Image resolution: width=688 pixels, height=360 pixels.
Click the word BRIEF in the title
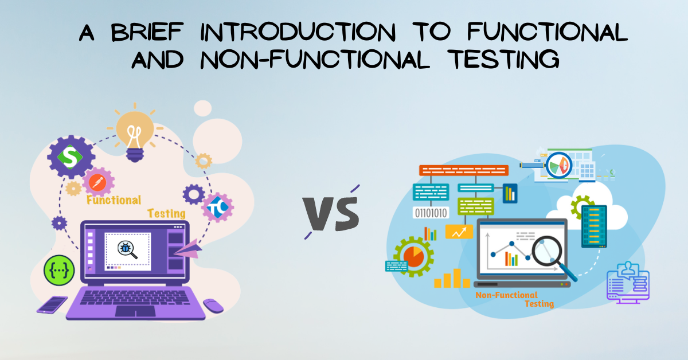click(147, 32)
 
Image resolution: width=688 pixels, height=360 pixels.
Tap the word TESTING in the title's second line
click(503, 60)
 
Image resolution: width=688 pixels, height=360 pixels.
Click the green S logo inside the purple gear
click(71, 157)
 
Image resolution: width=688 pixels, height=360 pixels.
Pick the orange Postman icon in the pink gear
click(97, 182)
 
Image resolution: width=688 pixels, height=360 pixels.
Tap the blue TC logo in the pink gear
click(217, 208)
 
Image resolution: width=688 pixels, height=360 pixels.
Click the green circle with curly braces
click(59, 271)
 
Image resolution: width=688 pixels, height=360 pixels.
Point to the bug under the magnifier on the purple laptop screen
click(126, 248)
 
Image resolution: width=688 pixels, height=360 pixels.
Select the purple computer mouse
click(213, 306)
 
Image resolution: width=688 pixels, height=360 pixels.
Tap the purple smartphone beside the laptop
click(52, 305)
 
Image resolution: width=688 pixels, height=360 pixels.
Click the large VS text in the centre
click(331, 213)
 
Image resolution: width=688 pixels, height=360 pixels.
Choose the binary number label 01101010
click(431, 213)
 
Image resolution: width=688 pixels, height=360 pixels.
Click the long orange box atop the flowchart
click(464, 170)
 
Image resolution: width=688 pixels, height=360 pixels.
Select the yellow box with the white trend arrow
click(459, 232)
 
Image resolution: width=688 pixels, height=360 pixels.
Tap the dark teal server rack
click(595, 226)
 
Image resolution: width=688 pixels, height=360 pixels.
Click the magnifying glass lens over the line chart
click(547, 251)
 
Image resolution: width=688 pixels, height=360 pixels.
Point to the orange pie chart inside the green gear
click(413, 256)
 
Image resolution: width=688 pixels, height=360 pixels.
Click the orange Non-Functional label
click(506, 295)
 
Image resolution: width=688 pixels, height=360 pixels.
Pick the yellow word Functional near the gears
click(114, 200)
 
